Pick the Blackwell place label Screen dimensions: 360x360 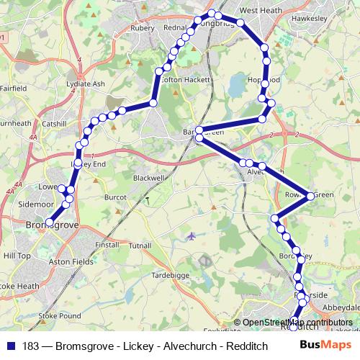(149, 177)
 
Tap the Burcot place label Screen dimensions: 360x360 (115, 196)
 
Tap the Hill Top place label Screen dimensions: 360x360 (17, 256)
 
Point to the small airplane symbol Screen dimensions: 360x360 (190, 235)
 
